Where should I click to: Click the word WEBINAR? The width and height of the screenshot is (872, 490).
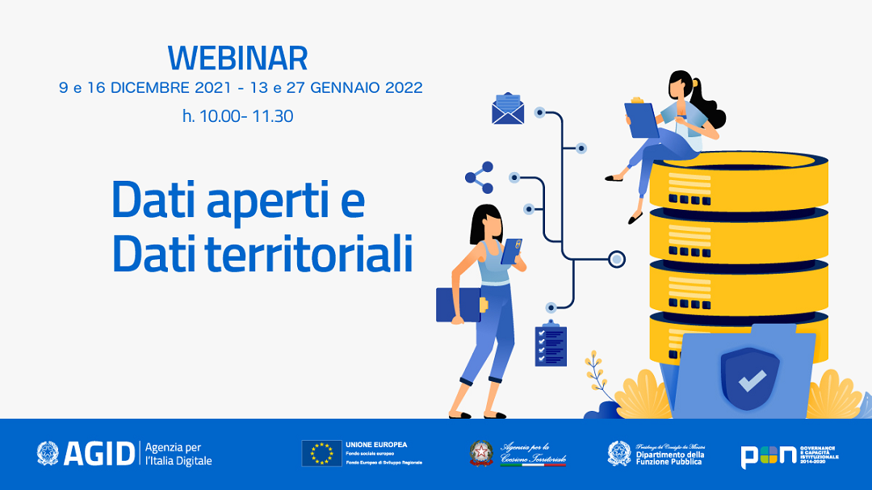click(x=237, y=58)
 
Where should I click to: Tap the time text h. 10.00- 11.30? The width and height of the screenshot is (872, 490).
click(x=237, y=116)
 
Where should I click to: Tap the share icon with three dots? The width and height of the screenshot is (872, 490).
click(x=480, y=178)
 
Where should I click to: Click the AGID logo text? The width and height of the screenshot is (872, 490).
click(x=97, y=454)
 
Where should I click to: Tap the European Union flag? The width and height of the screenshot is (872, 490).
click(x=321, y=454)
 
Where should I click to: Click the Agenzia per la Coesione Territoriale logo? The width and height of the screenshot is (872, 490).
click(x=518, y=454)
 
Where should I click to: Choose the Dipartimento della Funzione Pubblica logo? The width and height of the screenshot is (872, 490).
click(x=655, y=454)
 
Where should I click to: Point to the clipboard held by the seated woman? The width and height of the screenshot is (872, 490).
click(x=642, y=119)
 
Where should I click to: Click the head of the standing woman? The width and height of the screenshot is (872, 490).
click(x=486, y=223)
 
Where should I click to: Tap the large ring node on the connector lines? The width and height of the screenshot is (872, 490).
click(x=617, y=259)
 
